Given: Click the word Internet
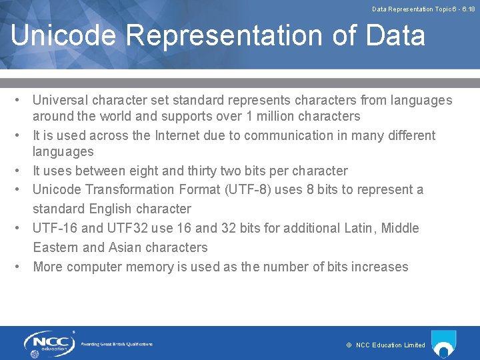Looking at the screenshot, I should click(181, 135).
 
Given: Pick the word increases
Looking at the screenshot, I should click(379, 267).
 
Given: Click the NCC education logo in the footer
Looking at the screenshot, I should click(49, 343).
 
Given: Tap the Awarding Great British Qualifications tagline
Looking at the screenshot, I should click(117, 344).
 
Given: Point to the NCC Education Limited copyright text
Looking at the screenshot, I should click(386, 345).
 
